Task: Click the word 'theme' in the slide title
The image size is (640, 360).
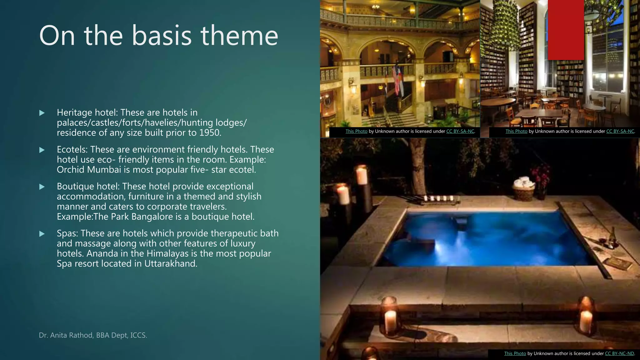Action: (239, 36)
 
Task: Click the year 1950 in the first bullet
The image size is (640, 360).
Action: (209, 133)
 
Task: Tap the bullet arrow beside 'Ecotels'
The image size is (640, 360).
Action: (42, 150)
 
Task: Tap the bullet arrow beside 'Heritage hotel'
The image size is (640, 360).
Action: (42, 113)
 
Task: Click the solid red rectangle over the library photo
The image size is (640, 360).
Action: (566, 30)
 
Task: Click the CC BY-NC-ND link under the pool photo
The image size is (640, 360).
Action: (619, 353)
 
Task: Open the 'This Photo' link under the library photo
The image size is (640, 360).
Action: (516, 131)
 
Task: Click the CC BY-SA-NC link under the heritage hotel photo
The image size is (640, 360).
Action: (460, 131)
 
